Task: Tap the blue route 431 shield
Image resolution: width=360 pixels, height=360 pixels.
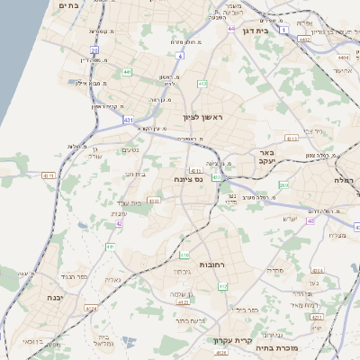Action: click(x=129, y=119)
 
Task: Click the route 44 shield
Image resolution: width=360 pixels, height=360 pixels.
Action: click(x=232, y=29)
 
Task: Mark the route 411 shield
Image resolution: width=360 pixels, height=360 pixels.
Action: click(x=110, y=246)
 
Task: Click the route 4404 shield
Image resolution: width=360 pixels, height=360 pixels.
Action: click(x=343, y=57)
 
